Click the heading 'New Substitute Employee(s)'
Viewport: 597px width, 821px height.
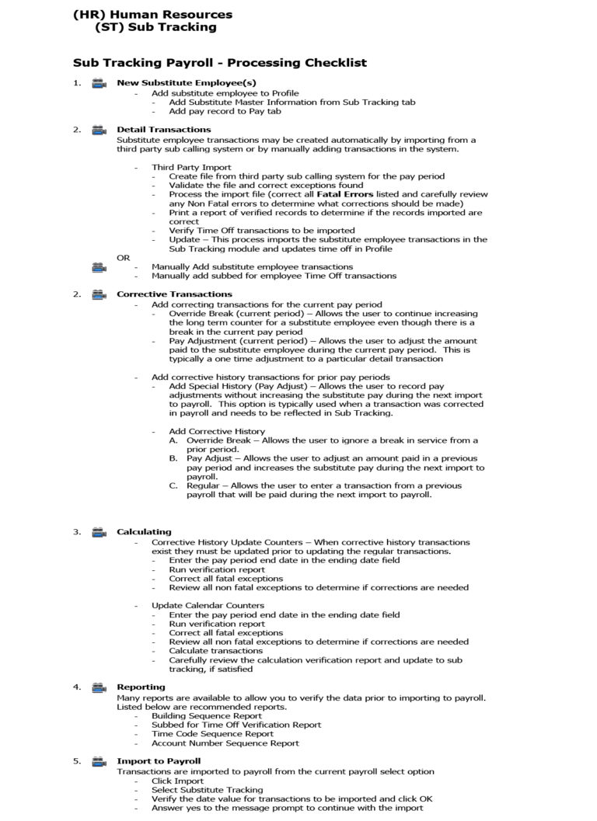pos(186,83)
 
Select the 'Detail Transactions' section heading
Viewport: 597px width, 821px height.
pos(163,130)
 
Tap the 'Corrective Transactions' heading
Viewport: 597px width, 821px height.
pos(174,294)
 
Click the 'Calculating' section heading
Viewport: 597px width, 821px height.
pos(144,532)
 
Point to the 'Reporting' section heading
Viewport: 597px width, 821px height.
pos(141,687)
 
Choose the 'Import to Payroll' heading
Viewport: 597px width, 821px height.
pos(159,761)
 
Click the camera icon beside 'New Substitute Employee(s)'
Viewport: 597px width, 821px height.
pos(99,83)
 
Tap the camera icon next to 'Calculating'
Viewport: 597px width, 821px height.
pos(99,532)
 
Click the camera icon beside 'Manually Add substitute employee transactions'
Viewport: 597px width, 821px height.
pos(99,267)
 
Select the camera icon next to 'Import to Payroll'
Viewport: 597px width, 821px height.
pos(99,761)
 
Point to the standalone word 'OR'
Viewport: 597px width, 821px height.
pos(124,257)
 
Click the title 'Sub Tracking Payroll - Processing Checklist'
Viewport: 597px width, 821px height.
pos(220,63)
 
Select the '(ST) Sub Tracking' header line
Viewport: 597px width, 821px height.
pos(155,27)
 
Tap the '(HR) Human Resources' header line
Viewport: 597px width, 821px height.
pos(152,14)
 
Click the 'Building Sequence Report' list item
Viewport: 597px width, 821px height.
pos(201,715)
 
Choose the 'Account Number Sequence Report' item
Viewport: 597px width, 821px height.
pos(225,743)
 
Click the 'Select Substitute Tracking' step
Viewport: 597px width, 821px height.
pos(208,790)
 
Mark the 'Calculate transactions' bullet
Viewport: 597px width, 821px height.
pos(217,651)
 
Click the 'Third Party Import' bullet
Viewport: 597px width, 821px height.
pos(190,167)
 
